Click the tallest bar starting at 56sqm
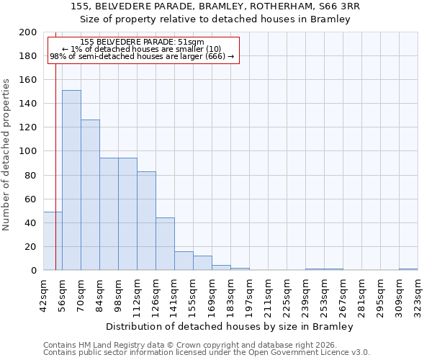71,180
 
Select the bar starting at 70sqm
90,194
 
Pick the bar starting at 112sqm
146,220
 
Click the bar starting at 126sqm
165,244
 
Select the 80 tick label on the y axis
30,175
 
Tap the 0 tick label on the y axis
33,271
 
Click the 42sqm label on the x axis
43,292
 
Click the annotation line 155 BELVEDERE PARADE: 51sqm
142,42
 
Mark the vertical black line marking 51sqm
55,158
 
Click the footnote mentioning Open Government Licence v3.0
207,353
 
